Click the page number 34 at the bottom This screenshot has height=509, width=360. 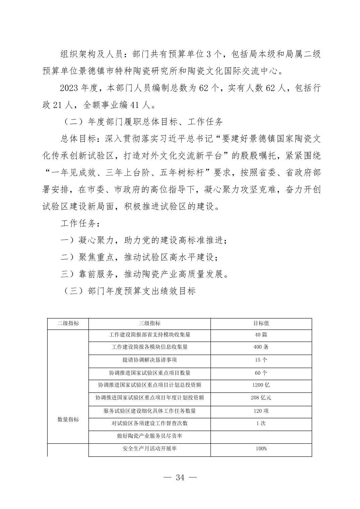pyautogui.click(x=180, y=477)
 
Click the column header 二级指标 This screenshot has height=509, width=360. pyautogui.click(x=68, y=323)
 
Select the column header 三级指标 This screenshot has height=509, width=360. pyautogui.click(x=149, y=323)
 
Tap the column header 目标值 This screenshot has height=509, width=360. pyautogui.click(x=261, y=323)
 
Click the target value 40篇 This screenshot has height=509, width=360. pyautogui.click(x=261, y=335)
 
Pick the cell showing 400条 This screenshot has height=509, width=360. pyautogui.click(x=261, y=347)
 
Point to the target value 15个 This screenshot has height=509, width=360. pyautogui.click(x=261, y=360)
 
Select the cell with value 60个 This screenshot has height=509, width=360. pyautogui.click(x=261, y=373)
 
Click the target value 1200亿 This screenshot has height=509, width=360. pyautogui.click(x=261, y=385)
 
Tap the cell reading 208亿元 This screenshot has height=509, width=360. pyautogui.click(x=261, y=398)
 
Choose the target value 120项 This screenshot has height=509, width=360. pyautogui.click(x=261, y=411)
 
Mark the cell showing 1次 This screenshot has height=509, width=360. pyautogui.click(x=261, y=423)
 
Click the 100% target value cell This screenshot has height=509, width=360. pyautogui.click(x=261, y=449)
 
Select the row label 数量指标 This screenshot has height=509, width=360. pyautogui.click(x=68, y=420)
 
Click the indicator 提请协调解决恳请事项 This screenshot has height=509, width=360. pyautogui.click(x=149, y=360)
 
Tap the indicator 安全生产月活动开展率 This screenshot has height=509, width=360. pyautogui.click(x=149, y=449)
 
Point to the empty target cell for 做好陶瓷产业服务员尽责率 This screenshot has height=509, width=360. pyautogui.click(x=261, y=436)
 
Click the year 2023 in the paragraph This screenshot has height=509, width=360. pyautogui.click(x=69, y=88)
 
